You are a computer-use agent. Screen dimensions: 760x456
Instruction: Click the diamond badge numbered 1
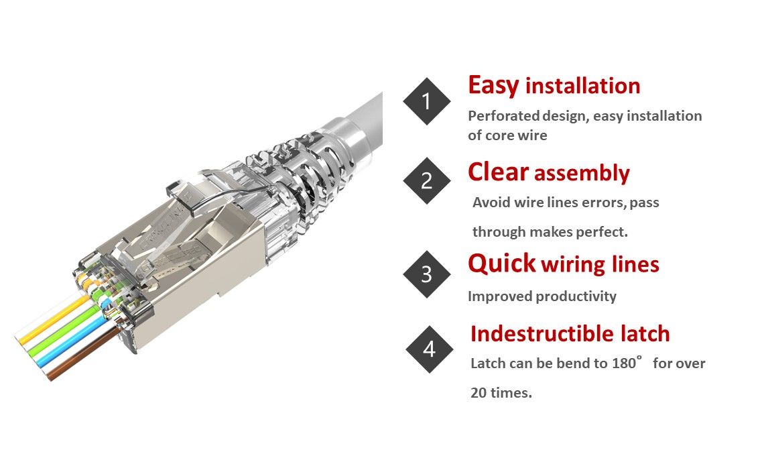click(426, 101)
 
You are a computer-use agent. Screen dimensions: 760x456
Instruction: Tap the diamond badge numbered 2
click(426, 180)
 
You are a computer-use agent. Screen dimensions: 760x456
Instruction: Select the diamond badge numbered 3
click(426, 274)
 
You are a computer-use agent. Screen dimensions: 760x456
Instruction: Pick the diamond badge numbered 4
click(430, 349)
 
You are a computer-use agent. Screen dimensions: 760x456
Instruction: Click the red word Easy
click(493, 86)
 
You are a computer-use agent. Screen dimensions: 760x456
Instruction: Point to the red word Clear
click(498, 172)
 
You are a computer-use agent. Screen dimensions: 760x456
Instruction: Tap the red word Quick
click(502, 264)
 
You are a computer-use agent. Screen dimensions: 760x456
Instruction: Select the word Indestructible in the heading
click(542, 334)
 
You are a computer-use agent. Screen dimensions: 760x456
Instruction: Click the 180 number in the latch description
click(624, 363)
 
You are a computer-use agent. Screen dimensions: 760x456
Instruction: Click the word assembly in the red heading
click(582, 174)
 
